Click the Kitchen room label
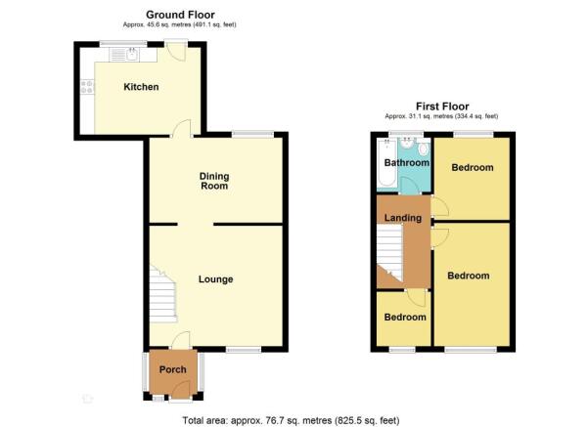[x=141, y=87]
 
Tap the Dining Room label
[x=214, y=181]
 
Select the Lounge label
[x=215, y=279]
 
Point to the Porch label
[x=172, y=369]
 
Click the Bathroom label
[x=407, y=162]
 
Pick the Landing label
[x=403, y=218]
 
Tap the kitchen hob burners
[x=87, y=86]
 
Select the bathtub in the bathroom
[x=387, y=162]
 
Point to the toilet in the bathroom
[x=424, y=149]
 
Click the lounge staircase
[x=162, y=294]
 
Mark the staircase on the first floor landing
[x=389, y=252]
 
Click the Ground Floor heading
[x=180, y=15]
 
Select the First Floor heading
[x=442, y=107]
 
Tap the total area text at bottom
[x=291, y=420]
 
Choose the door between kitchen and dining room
[x=182, y=128]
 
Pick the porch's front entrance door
[x=182, y=391]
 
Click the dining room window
[x=252, y=135]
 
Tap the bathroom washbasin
[x=407, y=143]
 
